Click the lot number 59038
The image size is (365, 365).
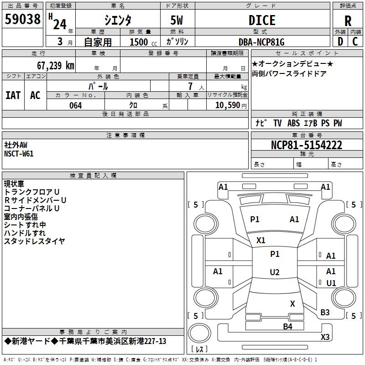[22, 20]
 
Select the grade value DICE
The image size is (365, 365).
[262, 21]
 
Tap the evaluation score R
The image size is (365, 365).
[348, 21]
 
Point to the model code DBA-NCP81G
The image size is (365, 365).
[261, 42]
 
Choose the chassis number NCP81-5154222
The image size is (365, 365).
[306, 145]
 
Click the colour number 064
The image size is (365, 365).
[75, 105]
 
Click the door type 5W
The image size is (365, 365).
[177, 21]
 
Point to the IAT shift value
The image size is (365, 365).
[13, 95]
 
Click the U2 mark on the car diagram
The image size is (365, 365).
[274, 272]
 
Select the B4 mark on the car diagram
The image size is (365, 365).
[287, 326]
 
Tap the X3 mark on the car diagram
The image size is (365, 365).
[325, 337]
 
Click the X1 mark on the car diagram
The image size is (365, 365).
[261, 240]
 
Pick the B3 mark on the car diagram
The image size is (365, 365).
[325, 313]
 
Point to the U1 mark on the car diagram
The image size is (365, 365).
[331, 283]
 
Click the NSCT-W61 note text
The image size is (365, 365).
[19, 154]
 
